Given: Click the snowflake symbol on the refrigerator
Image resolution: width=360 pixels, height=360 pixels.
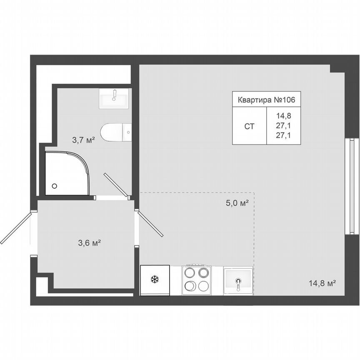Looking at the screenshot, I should point(155,280).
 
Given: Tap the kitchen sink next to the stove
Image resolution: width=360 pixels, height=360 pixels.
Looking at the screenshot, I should point(238,281).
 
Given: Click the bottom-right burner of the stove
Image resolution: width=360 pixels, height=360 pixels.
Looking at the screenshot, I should point(203,286).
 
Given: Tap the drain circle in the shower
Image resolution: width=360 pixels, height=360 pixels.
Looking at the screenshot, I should point(54,186).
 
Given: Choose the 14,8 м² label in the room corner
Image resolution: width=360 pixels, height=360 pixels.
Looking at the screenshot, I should point(322,283).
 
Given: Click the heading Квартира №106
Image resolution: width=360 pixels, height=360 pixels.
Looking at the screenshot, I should point(266,100).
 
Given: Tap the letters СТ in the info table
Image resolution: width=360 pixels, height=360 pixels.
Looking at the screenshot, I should point(249,126).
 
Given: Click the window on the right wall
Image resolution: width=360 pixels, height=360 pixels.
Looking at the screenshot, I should point(352,186).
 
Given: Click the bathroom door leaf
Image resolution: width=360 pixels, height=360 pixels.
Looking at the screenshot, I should point(116,185).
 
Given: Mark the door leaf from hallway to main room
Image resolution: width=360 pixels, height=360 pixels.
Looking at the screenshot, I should point(150,224).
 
